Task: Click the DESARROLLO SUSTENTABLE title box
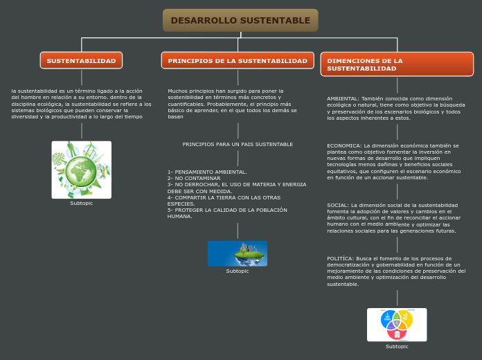(240, 20)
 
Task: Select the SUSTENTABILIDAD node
(81, 60)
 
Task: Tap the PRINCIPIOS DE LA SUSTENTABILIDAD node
(238, 60)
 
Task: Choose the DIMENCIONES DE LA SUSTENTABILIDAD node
(397, 64)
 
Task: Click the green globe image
(82, 170)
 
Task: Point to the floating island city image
(237, 253)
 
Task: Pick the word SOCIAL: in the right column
(338, 205)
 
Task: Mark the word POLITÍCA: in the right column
(340, 258)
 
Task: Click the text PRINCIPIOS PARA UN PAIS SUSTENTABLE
(238, 144)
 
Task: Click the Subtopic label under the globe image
(82, 204)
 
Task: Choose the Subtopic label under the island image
(237, 271)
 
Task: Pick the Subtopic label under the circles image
(397, 346)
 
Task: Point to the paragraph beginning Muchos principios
(233, 103)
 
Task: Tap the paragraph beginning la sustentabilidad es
(80, 103)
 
